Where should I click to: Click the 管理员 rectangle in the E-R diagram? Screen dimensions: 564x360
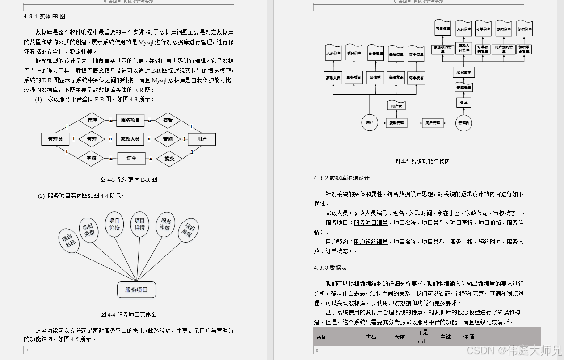(55, 139)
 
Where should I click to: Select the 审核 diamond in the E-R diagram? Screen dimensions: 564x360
(92, 158)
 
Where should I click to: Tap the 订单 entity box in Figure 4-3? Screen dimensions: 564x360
(131, 158)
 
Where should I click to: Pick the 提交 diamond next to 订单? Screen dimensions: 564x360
(169, 158)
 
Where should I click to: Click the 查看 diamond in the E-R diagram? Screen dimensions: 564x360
(168, 120)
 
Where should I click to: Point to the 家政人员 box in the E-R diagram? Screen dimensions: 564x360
(130, 139)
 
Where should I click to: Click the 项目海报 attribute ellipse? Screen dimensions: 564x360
(189, 230)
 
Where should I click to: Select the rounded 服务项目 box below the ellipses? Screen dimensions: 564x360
(137, 289)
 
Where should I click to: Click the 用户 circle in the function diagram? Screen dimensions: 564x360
(370, 122)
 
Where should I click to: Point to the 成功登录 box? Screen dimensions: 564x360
(463, 72)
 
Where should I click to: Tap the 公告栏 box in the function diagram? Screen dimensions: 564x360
(375, 77)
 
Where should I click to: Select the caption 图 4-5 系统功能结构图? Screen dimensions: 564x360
(422, 161)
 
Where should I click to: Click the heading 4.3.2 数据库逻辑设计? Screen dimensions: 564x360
(341, 178)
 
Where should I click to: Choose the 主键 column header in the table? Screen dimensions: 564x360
(446, 337)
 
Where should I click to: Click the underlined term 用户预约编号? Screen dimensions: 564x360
(370, 242)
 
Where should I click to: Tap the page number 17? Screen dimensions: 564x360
(26, 351)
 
